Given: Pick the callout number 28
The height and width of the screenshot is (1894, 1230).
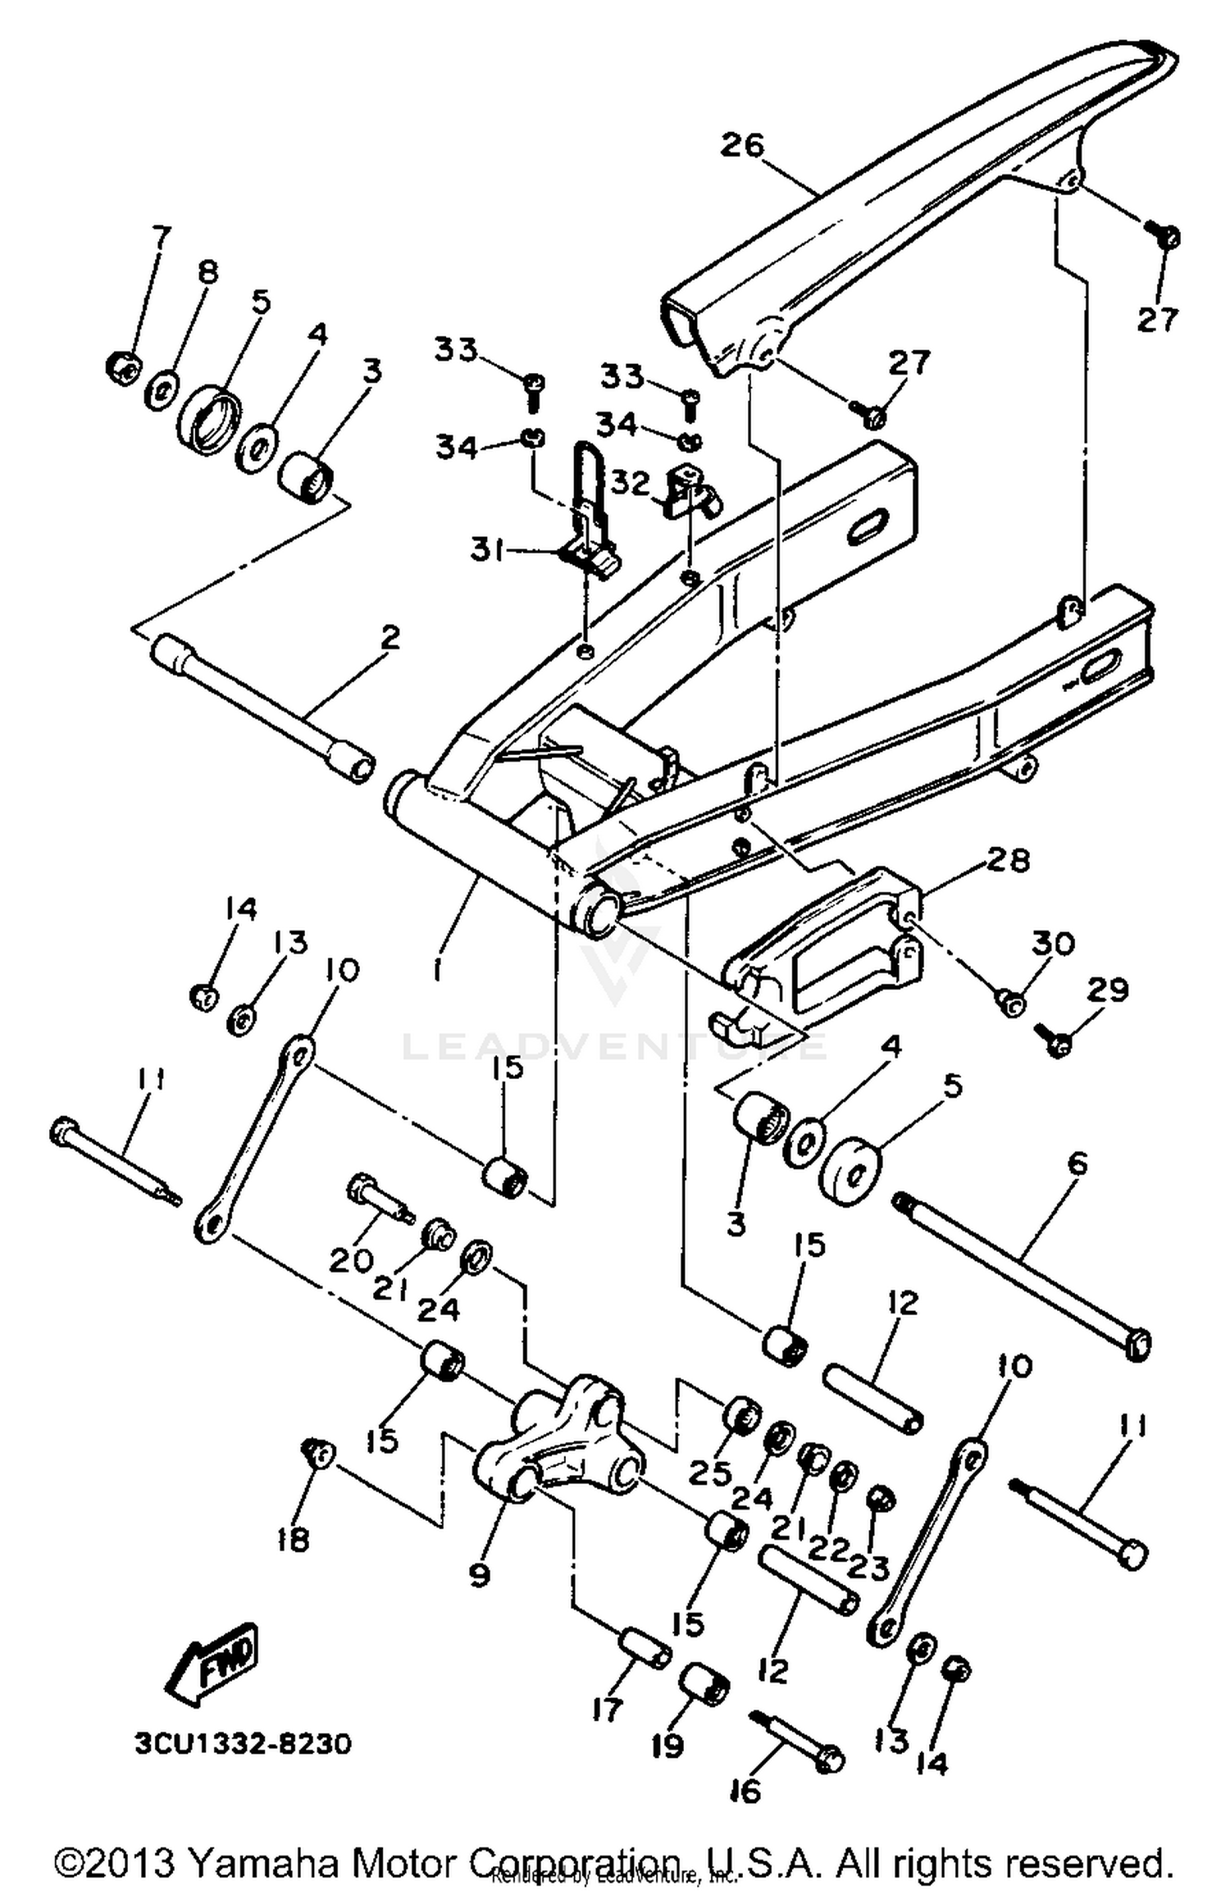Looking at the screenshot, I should pyautogui.click(x=1008, y=860).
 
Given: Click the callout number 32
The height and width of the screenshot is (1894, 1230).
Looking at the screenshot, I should pyautogui.click(x=631, y=484).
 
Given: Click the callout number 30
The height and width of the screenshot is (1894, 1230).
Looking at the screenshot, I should pyautogui.click(x=1052, y=944).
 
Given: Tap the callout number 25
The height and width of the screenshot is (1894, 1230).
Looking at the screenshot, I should pyautogui.click(x=709, y=1473).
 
